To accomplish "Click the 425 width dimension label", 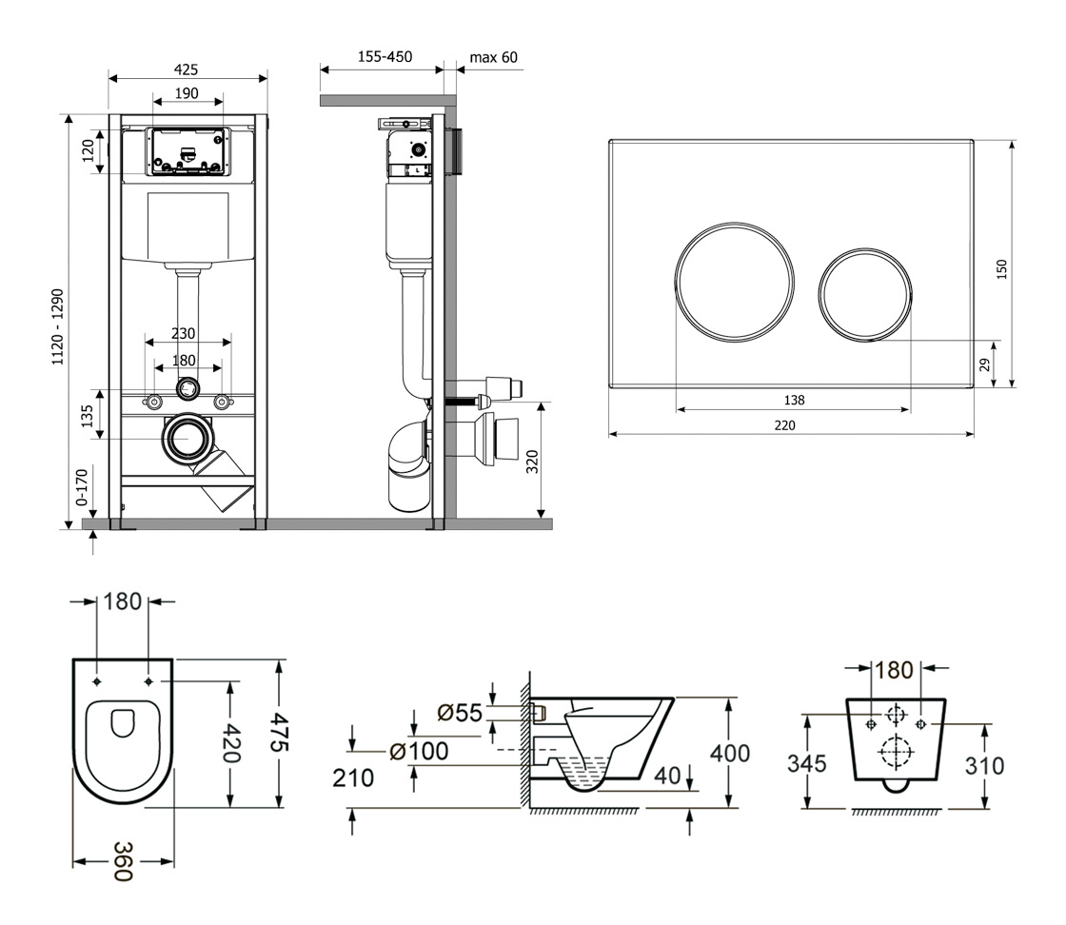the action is pyautogui.click(x=187, y=69).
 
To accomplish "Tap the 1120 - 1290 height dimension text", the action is pyautogui.click(x=58, y=327).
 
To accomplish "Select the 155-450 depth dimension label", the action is pyautogui.click(x=385, y=57).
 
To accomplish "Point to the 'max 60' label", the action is pyautogui.click(x=494, y=58).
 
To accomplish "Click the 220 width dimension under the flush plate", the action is pyautogui.click(x=784, y=425).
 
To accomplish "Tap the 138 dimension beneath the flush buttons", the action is pyautogui.click(x=794, y=401).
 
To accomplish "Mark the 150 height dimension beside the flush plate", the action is pyautogui.click(x=1001, y=270).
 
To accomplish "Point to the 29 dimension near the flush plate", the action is pyautogui.click(x=984, y=365).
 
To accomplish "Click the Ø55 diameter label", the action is pyautogui.click(x=460, y=713).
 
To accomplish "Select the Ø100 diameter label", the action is pyautogui.click(x=419, y=752).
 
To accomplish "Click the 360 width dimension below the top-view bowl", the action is pyautogui.click(x=123, y=862).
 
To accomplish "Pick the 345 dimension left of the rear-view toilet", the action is pyautogui.click(x=807, y=764).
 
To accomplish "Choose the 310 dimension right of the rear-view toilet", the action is pyautogui.click(x=984, y=766).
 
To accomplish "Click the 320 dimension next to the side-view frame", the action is pyautogui.click(x=532, y=462).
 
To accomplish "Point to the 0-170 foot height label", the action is pyautogui.click(x=82, y=487).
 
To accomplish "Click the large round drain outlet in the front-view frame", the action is pyautogui.click(x=187, y=439).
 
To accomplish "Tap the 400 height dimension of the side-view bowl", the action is pyautogui.click(x=729, y=753).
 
